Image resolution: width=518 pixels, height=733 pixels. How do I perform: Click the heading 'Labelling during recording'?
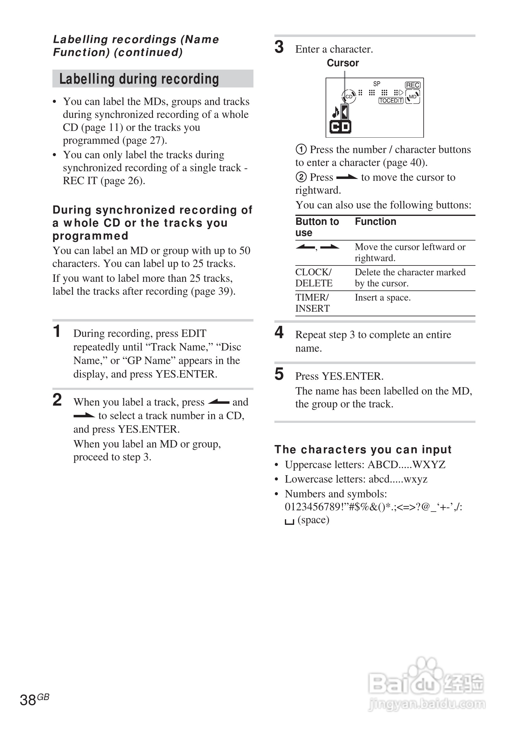[x=139, y=79]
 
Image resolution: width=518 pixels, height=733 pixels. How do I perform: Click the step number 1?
[x=57, y=331]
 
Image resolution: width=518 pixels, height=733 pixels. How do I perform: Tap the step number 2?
[x=57, y=400]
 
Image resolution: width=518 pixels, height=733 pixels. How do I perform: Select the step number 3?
[x=279, y=47]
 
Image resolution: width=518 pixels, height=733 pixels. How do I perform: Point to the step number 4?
[x=279, y=332]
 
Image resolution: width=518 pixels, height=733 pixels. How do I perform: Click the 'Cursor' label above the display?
[x=343, y=63]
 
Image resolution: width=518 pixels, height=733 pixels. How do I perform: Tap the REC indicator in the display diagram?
[x=413, y=85]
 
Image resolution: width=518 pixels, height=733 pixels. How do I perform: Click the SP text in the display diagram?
[x=377, y=84]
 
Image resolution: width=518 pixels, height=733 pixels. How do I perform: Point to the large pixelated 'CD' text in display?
[x=340, y=127]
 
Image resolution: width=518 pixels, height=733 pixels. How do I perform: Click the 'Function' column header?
[x=376, y=221]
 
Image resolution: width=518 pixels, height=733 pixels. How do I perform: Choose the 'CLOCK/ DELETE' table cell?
[x=314, y=278]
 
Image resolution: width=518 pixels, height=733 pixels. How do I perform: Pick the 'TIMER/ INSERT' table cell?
[x=312, y=303]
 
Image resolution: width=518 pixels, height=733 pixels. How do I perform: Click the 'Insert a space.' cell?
[x=383, y=298]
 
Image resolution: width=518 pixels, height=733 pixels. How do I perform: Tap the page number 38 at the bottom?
[x=28, y=700]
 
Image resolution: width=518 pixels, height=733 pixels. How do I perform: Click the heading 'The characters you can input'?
[x=363, y=450]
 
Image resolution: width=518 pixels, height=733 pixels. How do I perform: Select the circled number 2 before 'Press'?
[x=301, y=177]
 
